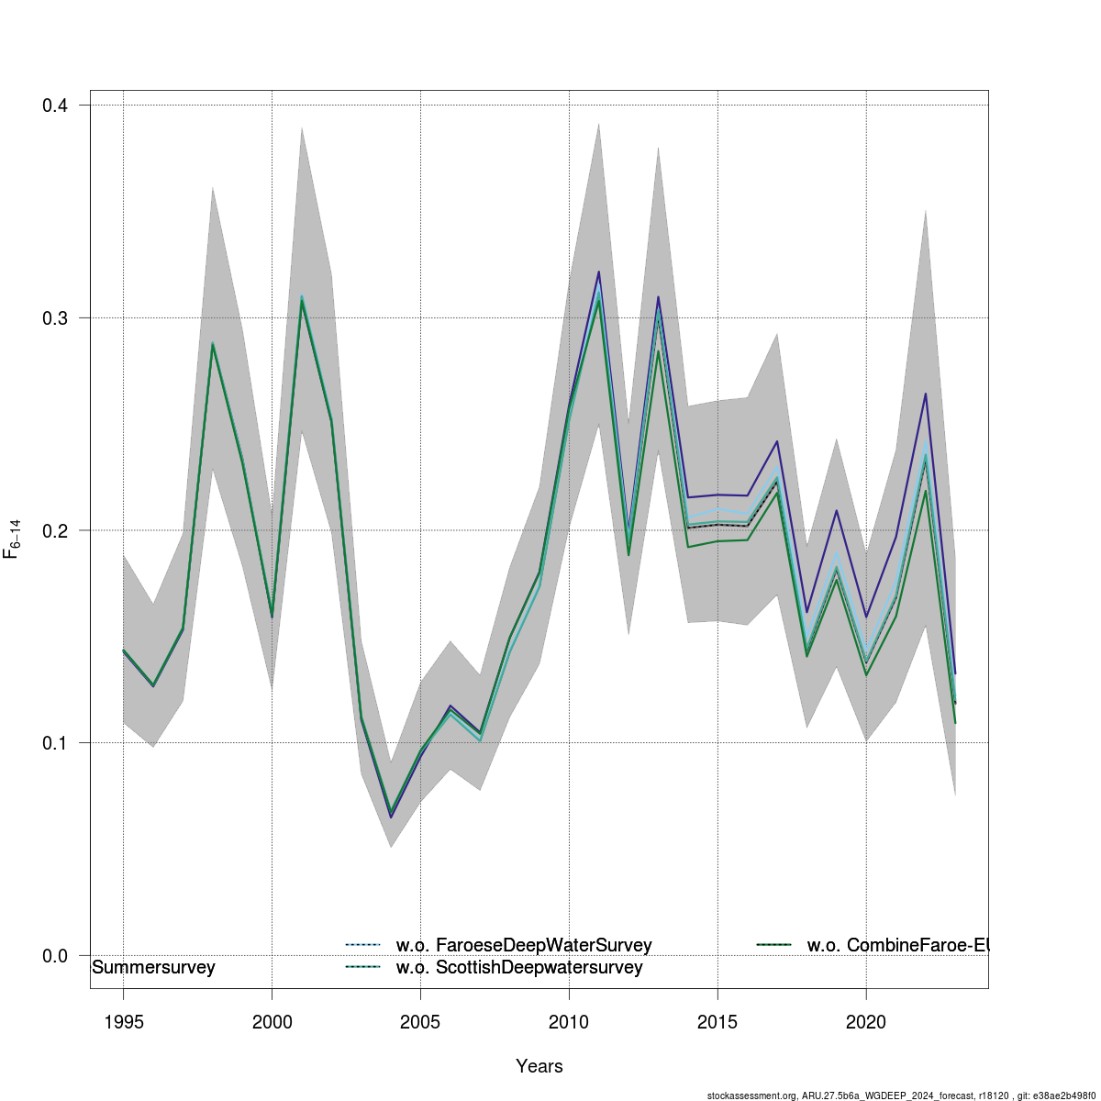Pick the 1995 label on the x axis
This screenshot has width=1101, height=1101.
tap(123, 1022)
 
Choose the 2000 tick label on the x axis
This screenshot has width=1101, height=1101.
tap(272, 1022)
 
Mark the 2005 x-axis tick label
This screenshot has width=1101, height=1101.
tap(420, 1022)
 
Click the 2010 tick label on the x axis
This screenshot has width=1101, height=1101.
tap(569, 1022)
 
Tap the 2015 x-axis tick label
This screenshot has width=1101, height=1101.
tap(717, 1022)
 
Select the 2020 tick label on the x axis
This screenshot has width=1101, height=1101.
tap(866, 1022)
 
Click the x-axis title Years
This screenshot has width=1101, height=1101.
tap(539, 1066)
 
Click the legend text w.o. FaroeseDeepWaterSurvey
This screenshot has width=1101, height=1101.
tap(524, 945)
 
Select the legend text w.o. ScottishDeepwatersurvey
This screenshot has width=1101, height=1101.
tap(519, 968)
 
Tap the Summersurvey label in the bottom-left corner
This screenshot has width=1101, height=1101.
tap(154, 968)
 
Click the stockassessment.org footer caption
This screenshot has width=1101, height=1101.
tap(904, 1095)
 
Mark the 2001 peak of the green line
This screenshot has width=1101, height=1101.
tap(302, 299)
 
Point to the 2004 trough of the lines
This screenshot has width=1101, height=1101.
tap(391, 814)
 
